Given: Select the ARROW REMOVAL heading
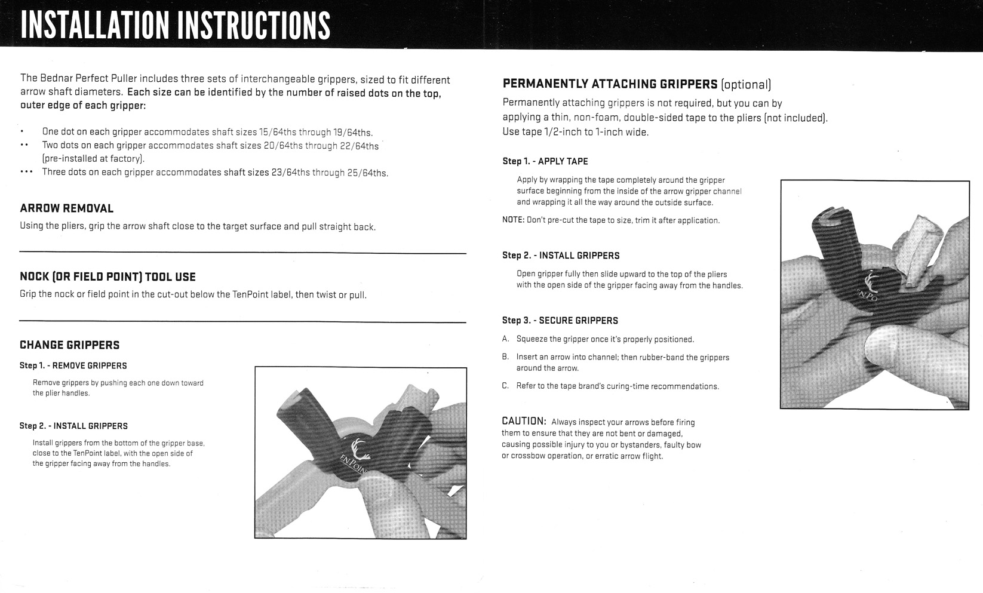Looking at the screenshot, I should [66, 208].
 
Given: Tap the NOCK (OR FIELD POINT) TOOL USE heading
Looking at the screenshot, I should [107, 276].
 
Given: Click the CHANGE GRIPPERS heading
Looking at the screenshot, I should [69, 345].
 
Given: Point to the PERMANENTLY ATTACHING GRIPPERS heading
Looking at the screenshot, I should [610, 84].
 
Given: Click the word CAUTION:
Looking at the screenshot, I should [524, 422].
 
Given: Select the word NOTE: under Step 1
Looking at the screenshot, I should [513, 220].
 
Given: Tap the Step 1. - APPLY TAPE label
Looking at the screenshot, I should [545, 161].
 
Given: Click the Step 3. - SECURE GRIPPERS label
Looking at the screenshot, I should [560, 321].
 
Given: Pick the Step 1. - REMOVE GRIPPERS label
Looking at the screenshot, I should [73, 365].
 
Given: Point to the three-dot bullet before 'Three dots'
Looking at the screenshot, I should [26, 172].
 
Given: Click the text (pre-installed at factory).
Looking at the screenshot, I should [93, 159].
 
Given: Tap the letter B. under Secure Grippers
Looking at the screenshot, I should [505, 357].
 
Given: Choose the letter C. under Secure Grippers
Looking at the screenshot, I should [505, 386].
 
